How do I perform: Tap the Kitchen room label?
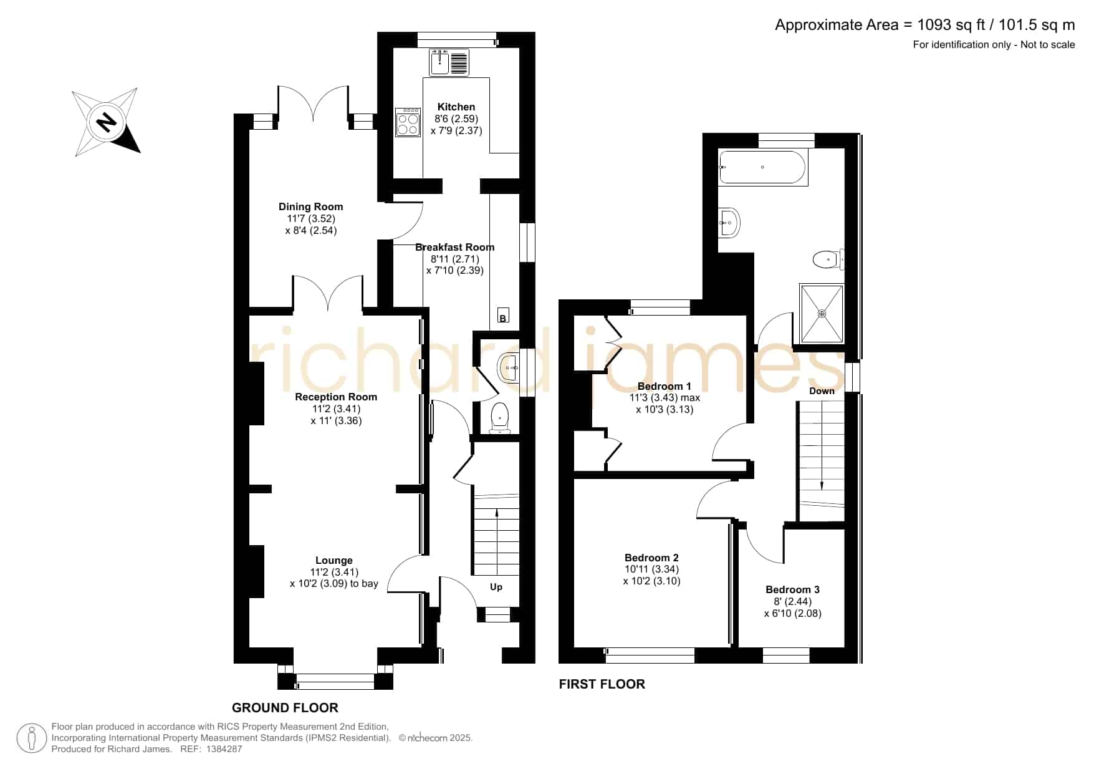tap(456, 107)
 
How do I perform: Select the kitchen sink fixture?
tap(449, 62)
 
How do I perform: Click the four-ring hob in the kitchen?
tap(408, 122)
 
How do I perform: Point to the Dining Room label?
tap(310, 206)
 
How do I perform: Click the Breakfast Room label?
tap(454, 247)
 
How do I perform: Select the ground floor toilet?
tap(500, 418)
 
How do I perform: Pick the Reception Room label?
tap(336, 397)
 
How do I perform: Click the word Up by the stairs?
tap(496, 587)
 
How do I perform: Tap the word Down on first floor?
tap(822, 391)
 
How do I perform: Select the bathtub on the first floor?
tap(763, 167)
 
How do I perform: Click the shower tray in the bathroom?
tap(822, 314)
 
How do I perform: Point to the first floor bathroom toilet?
tap(828, 259)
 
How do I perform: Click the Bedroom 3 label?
tap(792, 589)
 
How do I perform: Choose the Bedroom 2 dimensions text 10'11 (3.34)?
tap(652, 569)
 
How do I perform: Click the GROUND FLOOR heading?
tap(285, 707)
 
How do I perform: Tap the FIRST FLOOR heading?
tap(602, 684)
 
